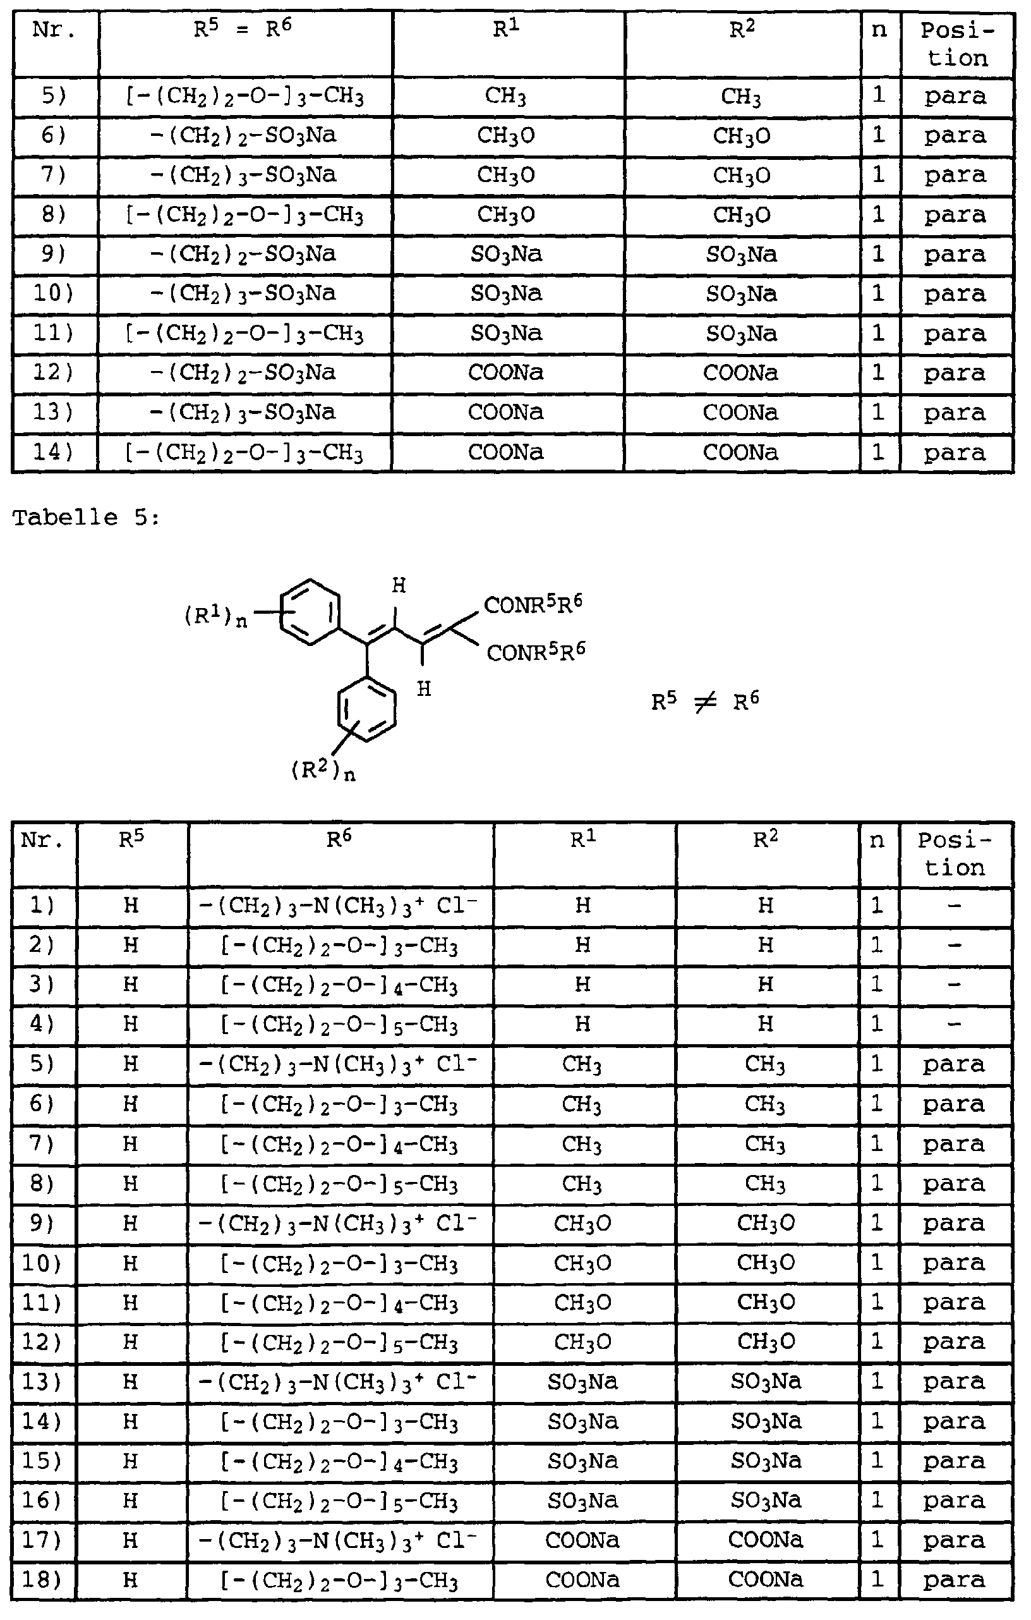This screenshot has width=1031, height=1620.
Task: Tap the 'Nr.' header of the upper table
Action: [x=54, y=31]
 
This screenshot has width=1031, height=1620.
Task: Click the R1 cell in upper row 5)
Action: [x=506, y=97]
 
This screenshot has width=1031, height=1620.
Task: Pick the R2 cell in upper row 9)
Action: [x=741, y=255]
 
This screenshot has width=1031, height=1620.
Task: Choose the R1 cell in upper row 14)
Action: [x=506, y=452]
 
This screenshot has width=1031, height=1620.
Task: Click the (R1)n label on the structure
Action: [x=215, y=616]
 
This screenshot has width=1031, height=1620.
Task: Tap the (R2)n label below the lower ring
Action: [x=323, y=770]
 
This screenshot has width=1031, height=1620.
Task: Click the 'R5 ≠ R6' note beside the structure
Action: [x=705, y=702]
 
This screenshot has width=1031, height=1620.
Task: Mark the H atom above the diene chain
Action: [x=399, y=586]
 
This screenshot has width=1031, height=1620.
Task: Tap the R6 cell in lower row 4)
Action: [x=340, y=1025]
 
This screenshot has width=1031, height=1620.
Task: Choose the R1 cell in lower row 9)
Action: [x=582, y=1223]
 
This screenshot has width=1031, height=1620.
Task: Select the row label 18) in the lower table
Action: [x=42, y=1580]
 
